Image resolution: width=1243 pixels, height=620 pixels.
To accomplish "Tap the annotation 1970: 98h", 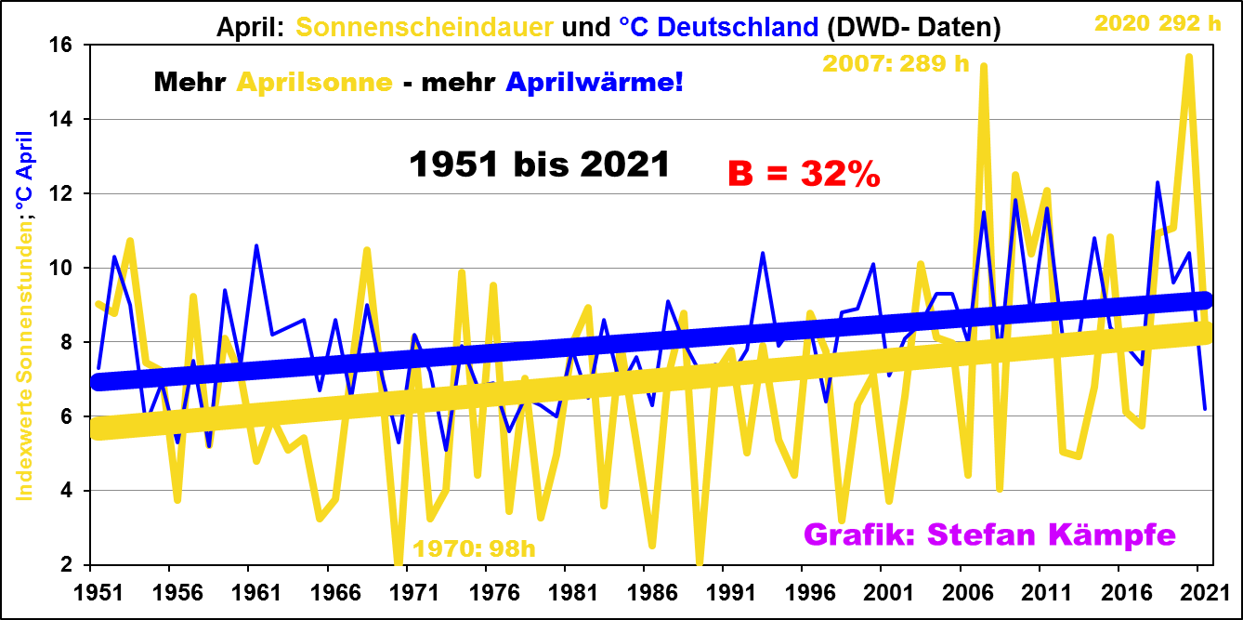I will tap(474, 547).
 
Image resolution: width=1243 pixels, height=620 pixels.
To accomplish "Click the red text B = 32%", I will tap(804, 174).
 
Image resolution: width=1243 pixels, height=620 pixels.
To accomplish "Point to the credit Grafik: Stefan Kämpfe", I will tap(989, 534).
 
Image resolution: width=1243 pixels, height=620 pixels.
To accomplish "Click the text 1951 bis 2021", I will tap(540, 165).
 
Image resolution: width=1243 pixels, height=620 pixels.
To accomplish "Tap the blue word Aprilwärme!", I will tap(595, 82).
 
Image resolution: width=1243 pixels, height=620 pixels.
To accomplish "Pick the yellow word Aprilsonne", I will tap(314, 82).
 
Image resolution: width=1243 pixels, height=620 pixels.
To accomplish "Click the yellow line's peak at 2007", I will tap(983, 66).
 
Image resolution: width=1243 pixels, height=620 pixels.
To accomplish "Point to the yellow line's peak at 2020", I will tap(1188, 57).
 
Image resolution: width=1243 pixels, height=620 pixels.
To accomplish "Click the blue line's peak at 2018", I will tap(1157, 182).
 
